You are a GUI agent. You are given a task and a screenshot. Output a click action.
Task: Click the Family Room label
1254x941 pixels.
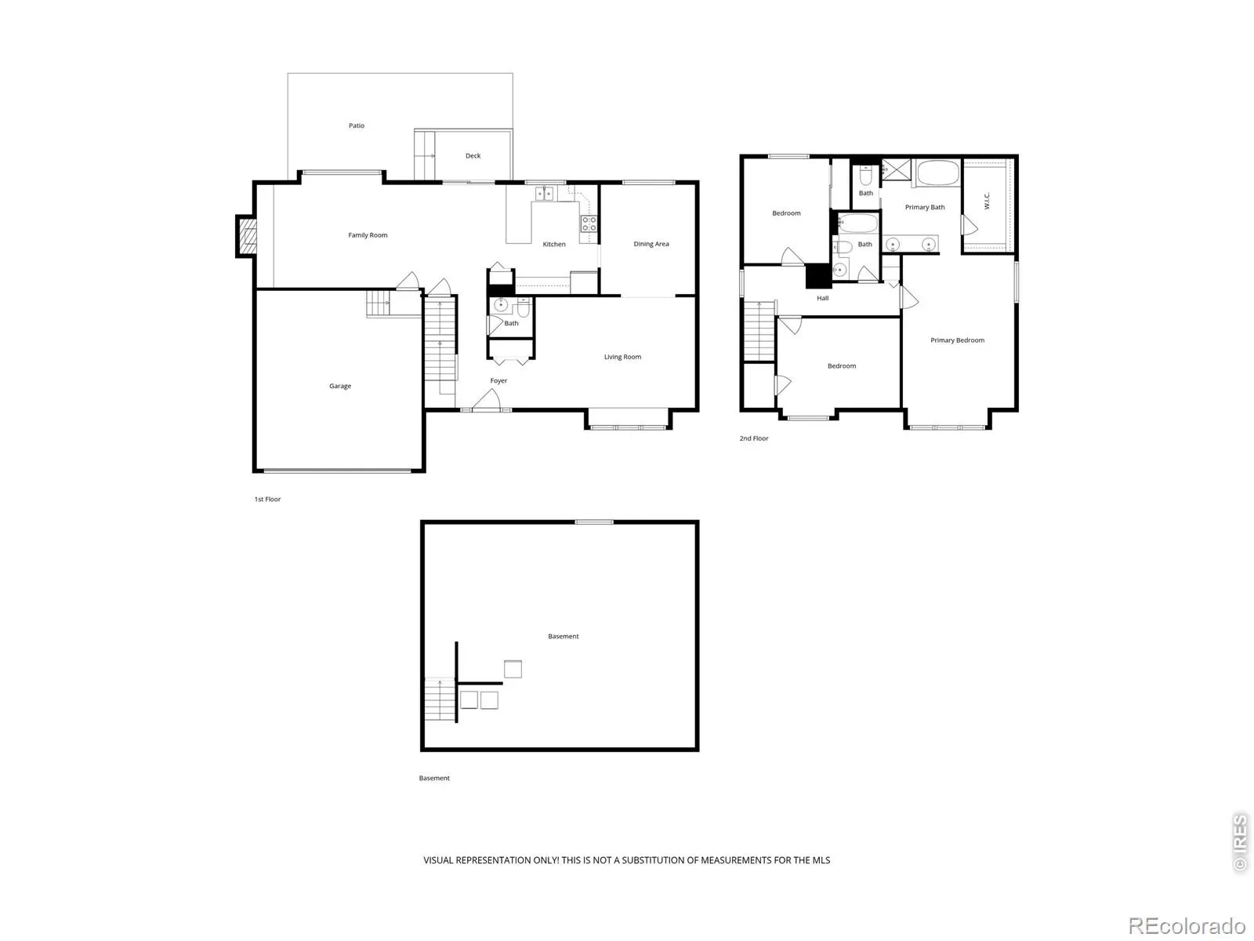tap(368, 234)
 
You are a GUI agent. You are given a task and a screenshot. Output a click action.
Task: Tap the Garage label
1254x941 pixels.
tap(340, 386)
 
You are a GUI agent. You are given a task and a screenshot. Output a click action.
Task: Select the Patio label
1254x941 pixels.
tap(357, 125)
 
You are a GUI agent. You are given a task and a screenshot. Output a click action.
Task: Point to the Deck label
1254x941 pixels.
tap(473, 155)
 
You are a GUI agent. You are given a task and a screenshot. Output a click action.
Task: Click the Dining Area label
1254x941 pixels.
tap(651, 244)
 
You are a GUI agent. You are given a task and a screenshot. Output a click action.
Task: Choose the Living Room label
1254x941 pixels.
tap(622, 357)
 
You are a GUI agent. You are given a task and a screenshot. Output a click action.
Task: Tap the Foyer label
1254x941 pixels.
tap(498, 380)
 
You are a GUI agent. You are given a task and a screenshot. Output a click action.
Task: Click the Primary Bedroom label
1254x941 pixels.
tap(957, 340)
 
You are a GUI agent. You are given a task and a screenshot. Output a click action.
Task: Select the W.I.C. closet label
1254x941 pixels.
tap(987, 201)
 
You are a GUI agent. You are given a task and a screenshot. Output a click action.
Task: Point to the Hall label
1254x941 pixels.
tap(822, 298)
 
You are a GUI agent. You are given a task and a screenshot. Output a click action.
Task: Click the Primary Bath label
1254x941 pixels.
tap(924, 207)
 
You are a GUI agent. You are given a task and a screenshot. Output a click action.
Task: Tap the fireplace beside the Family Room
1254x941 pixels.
tap(247, 236)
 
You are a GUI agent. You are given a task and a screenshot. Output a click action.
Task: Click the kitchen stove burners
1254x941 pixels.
tap(589, 223)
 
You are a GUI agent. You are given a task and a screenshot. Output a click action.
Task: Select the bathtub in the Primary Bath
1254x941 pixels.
tap(938, 172)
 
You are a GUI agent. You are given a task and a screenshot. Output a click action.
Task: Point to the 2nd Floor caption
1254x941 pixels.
tap(753, 438)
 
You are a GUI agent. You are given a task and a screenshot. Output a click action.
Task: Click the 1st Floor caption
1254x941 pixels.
tap(267, 499)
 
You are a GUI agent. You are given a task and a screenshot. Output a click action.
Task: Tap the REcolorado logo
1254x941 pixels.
tap(1187, 925)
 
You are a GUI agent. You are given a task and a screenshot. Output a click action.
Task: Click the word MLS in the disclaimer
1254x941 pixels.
tap(821, 860)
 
